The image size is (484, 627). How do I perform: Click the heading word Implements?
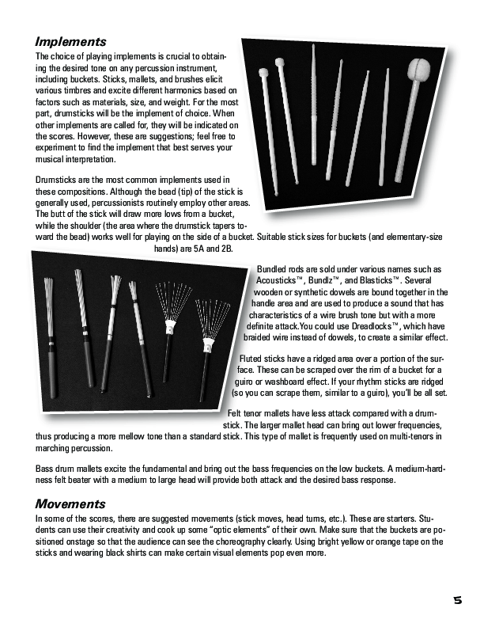(x=71, y=42)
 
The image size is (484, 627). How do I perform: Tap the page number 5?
(x=458, y=601)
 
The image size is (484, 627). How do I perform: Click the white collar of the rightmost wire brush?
(x=209, y=344)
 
